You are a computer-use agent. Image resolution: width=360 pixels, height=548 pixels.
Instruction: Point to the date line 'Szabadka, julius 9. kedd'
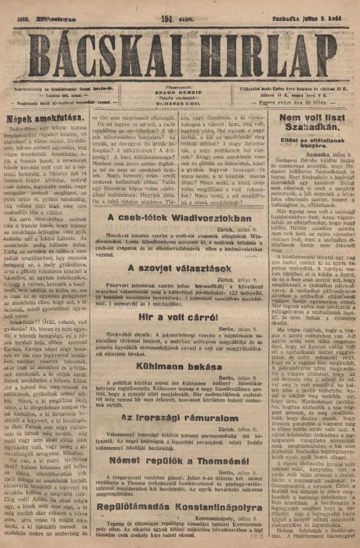tap(306, 18)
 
